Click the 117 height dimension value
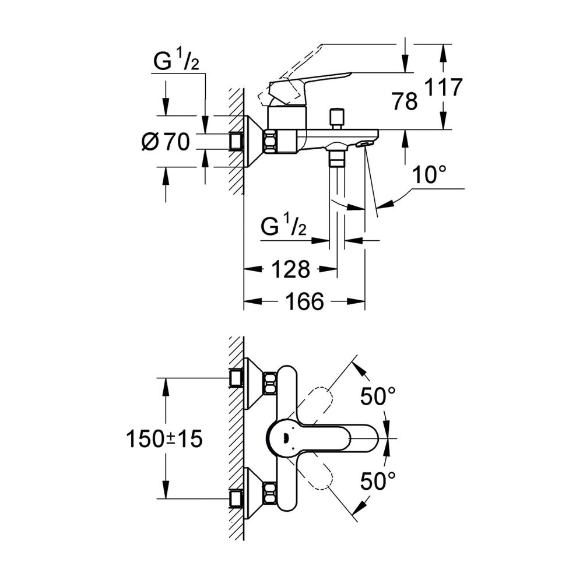click(x=443, y=87)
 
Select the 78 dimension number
click(x=405, y=102)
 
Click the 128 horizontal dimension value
click(x=290, y=269)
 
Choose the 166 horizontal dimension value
click(x=304, y=301)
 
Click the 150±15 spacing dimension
click(x=164, y=438)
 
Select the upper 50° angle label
click(x=378, y=397)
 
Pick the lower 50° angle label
click(x=378, y=482)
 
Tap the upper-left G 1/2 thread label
click(x=175, y=61)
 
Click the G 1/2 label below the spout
click(x=284, y=227)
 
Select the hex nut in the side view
click(x=271, y=141)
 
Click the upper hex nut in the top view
click(x=269, y=382)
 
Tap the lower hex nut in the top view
click(x=269, y=493)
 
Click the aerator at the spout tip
click(x=365, y=143)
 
